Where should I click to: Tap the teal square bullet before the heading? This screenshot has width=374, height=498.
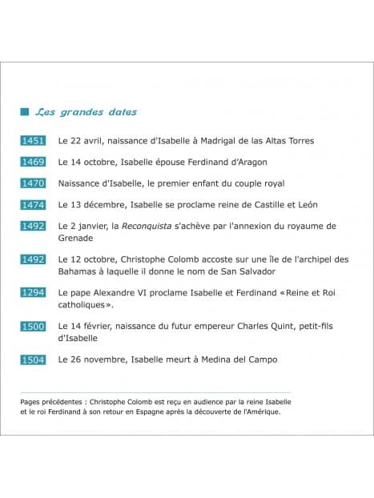click(x=24, y=112)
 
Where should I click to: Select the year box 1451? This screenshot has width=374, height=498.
click(x=33, y=141)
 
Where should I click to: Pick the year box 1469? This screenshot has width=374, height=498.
click(x=33, y=162)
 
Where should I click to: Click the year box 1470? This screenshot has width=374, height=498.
click(x=33, y=183)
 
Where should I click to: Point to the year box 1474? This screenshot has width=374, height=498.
click(x=33, y=205)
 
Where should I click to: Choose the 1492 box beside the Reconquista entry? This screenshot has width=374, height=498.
click(x=33, y=226)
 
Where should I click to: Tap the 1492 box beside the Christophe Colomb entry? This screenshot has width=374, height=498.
click(x=33, y=259)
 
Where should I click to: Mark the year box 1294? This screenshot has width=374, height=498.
click(x=33, y=293)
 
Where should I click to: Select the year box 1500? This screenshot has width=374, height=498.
click(x=33, y=327)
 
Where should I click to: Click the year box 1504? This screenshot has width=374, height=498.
click(x=33, y=359)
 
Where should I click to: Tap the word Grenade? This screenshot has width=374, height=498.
click(x=76, y=238)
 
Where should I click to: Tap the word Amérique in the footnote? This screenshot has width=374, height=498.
click(x=261, y=413)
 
